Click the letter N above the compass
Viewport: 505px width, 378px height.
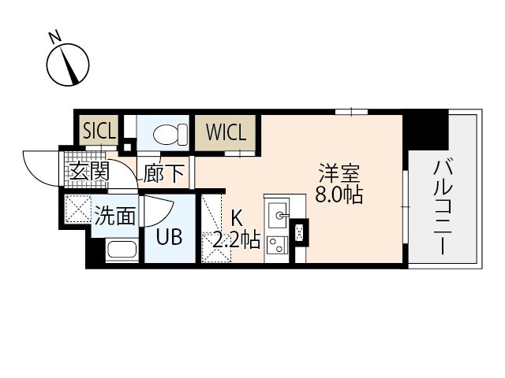55,36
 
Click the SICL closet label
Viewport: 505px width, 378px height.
99,131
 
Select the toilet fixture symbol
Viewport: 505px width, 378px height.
170,135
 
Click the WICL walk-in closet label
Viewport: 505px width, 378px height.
226,132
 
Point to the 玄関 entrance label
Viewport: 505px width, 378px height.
89,172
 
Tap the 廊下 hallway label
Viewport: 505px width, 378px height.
164,173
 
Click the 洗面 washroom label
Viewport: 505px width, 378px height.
114,215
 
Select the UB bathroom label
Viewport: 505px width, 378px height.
169,237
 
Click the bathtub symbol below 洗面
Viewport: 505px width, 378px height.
122,250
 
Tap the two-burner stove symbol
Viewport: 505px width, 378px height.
277,246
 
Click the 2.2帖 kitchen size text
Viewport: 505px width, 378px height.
236,239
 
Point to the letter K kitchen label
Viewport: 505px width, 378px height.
237,219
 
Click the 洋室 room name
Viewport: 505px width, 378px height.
339,173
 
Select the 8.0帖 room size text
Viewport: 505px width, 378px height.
339,195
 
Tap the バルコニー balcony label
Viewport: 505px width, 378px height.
443,207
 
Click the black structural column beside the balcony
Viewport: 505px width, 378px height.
426,129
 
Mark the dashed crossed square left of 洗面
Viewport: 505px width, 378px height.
77,209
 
